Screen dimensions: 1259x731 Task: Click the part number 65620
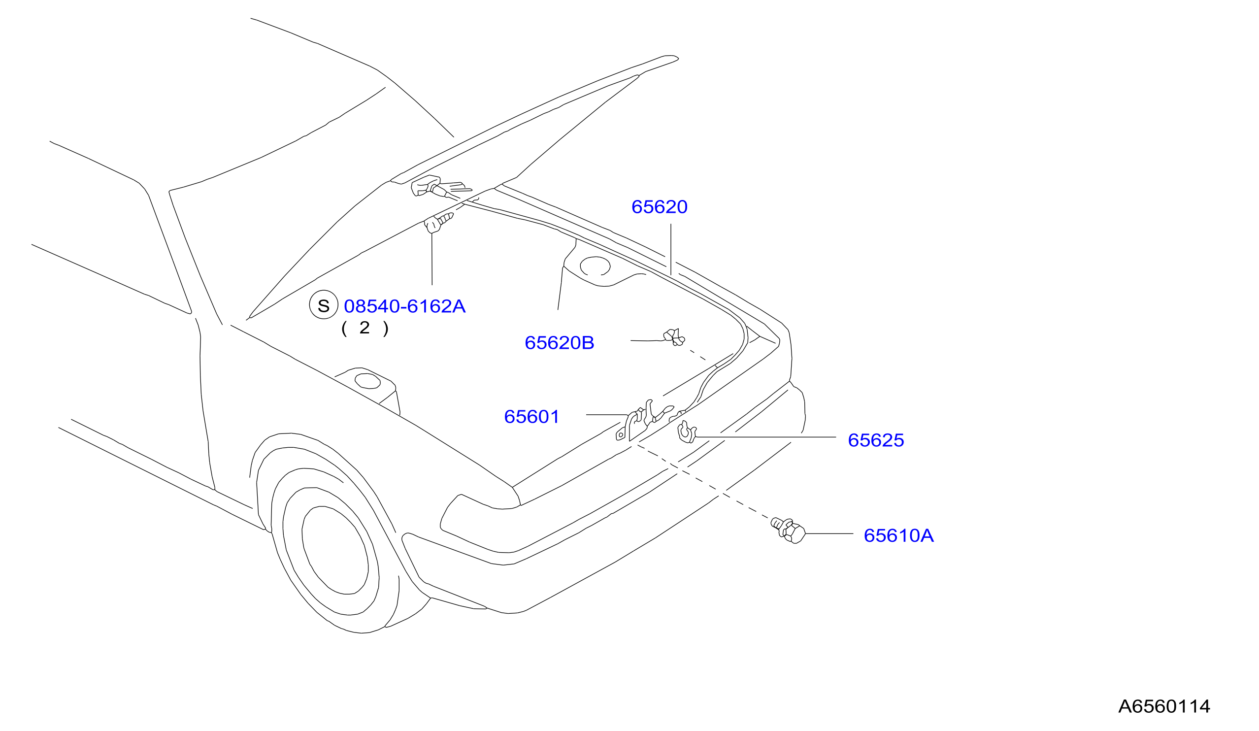660,207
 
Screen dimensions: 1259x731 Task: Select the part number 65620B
560,343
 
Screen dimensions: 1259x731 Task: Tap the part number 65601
531,417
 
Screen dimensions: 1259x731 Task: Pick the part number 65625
876,440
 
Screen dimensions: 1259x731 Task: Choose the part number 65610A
899,535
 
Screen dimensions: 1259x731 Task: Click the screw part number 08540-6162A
405,306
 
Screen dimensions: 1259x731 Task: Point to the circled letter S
324,305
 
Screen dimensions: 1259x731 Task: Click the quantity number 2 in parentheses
364,328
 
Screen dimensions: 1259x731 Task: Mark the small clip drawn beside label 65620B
674,337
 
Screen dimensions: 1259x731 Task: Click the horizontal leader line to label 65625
766,437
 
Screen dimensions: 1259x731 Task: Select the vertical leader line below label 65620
671,249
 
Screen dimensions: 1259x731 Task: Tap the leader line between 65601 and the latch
606,415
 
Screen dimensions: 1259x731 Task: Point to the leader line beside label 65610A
829,533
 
